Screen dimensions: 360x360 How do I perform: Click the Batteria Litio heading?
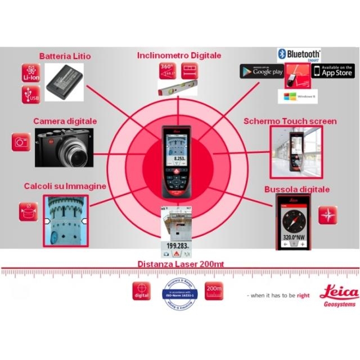(65, 56)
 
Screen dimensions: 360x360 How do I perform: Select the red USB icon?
(30, 94)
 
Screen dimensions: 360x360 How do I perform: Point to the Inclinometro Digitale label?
(179, 55)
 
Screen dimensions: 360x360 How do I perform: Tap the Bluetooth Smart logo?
(299, 55)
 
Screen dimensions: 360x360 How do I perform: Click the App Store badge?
(332, 71)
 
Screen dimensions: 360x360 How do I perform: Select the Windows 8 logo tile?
(298, 96)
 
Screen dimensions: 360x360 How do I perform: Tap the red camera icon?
(21, 142)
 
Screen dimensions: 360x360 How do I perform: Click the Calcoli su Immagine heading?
(65, 186)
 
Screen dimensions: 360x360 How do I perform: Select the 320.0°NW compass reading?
(294, 238)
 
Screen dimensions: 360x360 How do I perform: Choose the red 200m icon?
(214, 291)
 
